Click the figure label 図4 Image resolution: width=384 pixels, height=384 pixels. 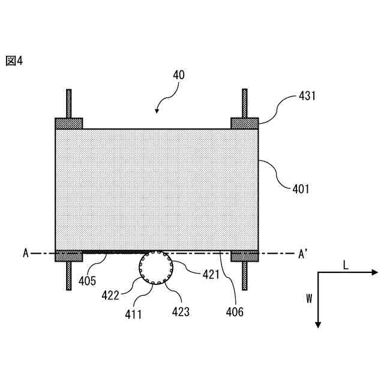[x=14, y=61]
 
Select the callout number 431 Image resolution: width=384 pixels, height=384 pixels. [x=307, y=95]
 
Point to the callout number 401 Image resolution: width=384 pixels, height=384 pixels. [x=301, y=189]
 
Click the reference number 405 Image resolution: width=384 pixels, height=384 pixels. [x=88, y=280]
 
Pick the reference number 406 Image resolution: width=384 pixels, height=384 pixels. [x=235, y=311]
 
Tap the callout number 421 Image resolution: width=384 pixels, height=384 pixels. [x=211, y=275]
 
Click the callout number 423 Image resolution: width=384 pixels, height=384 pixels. [x=181, y=311]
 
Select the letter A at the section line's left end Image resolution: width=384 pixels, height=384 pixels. [x=26, y=254]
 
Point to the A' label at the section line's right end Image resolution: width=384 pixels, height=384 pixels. [x=304, y=254]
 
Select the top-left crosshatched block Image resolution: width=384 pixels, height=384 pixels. [x=69, y=124]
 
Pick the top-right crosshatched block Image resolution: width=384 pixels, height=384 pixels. [x=245, y=124]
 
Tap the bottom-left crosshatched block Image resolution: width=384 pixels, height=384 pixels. [x=69, y=256]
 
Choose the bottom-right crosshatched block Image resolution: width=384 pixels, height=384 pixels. [x=245, y=256]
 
